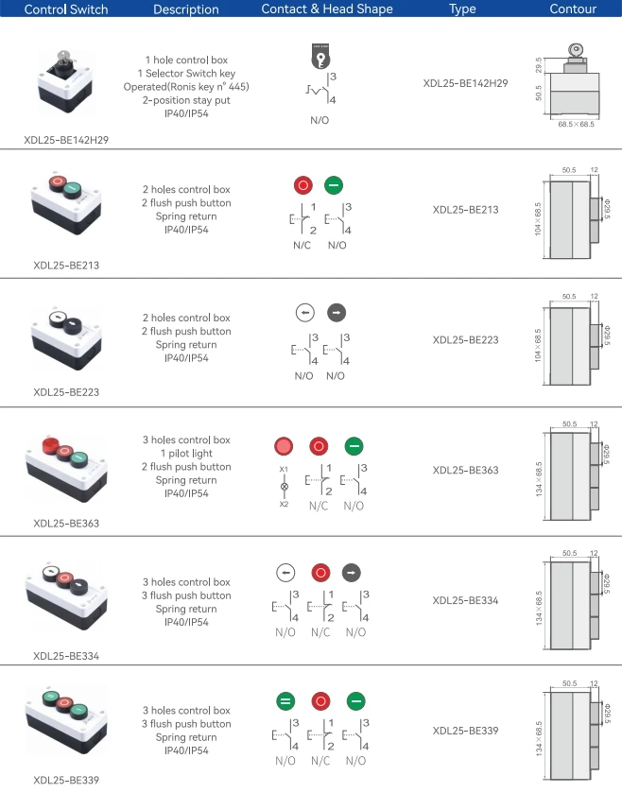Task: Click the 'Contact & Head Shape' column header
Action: click(326, 9)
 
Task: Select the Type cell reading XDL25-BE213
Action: click(465, 210)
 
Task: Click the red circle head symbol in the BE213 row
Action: click(304, 185)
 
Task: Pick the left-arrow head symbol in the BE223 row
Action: click(304, 313)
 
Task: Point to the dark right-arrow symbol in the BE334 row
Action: click(352, 572)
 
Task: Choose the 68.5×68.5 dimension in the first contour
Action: click(576, 124)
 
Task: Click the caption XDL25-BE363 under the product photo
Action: click(66, 523)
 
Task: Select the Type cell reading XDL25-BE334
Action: click(465, 599)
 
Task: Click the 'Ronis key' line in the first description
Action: click(199, 86)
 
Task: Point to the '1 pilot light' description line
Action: click(186, 454)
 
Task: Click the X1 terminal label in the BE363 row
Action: click(284, 470)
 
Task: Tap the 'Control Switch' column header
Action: click(66, 9)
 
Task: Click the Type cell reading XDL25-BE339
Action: click(465, 730)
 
